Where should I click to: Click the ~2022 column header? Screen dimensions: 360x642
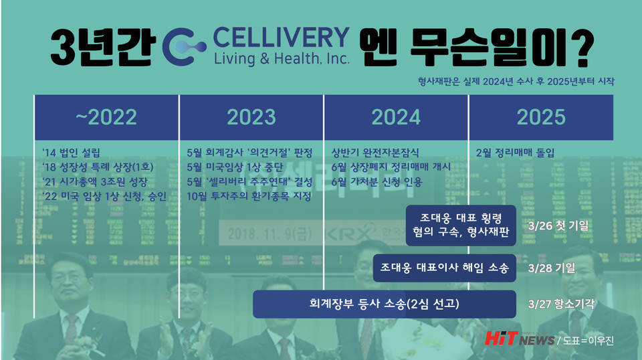click(x=106, y=117)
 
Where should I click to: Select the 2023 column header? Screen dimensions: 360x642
click(x=251, y=117)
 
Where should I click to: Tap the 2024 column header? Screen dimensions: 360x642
click(x=396, y=117)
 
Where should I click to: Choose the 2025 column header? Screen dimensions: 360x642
click(x=540, y=117)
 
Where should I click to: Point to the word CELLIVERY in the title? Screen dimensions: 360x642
click(x=282, y=37)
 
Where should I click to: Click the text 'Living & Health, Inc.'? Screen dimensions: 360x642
click(x=282, y=58)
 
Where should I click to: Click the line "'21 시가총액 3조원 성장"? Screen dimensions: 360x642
click(x=94, y=182)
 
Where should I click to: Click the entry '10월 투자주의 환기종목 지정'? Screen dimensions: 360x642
click(x=249, y=197)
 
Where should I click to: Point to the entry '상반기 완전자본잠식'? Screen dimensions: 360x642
click(x=375, y=153)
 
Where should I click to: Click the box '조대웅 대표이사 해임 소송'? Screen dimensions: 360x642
click(x=445, y=268)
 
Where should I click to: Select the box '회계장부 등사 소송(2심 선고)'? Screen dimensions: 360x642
click(x=385, y=304)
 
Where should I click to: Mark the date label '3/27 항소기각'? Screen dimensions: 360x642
click(x=561, y=304)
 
